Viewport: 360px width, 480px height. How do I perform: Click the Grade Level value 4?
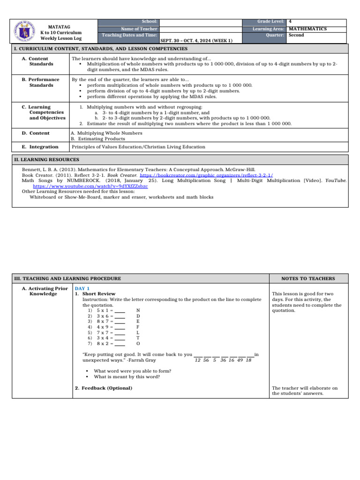point(291,22)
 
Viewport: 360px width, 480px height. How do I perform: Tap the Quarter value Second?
point(296,35)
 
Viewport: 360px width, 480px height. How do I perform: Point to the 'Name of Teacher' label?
point(139,29)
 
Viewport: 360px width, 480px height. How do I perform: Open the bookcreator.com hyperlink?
point(206,174)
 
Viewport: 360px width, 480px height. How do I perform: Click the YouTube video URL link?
point(90,186)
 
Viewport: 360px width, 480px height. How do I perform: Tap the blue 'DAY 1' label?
point(82,288)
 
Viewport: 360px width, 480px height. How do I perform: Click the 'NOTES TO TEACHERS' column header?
point(308,278)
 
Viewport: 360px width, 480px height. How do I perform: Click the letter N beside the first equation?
point(138,310)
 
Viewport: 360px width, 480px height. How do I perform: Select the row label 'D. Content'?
point(36,133)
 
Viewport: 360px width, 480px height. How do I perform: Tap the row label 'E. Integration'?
point(40,147)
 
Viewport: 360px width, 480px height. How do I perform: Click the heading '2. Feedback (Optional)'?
point(104,388)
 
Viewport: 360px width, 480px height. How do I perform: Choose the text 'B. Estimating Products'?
point(98,139)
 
